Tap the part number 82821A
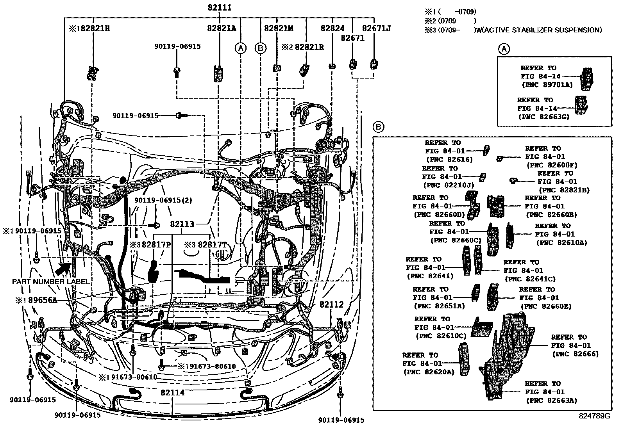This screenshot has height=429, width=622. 222,28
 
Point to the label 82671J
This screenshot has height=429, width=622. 376,28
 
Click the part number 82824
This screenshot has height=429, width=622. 332,28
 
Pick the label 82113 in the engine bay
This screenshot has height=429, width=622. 182,224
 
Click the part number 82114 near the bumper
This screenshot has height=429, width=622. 172,393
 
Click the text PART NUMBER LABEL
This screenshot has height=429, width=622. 50,281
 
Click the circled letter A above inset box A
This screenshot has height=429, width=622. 504,49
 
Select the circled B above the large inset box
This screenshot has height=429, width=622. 378,127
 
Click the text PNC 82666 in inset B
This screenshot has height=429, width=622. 575,354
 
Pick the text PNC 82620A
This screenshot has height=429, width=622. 429,372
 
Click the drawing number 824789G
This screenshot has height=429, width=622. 594,416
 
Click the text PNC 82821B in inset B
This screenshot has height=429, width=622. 564,190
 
